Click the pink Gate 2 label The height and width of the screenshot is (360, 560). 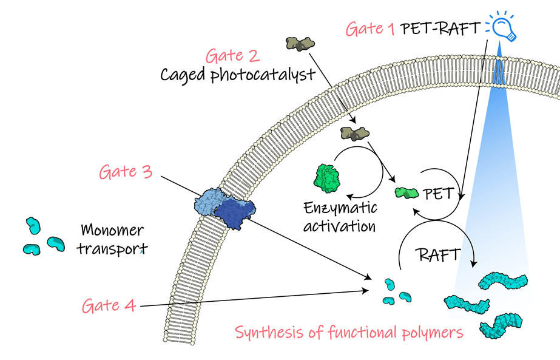[x=232, y=56]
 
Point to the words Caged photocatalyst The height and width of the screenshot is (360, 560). [x=238, y=75]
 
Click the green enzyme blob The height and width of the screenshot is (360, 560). [x=328, y=178]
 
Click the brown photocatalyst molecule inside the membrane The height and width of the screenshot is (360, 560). [x=355, y=134]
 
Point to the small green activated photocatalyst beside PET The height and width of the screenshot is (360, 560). [x=407, y=193]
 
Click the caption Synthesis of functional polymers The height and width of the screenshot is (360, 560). [x=349, y=333]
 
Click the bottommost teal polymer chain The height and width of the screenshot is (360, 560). [x=501, y=325]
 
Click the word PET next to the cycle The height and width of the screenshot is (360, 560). [x=439, y=194]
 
